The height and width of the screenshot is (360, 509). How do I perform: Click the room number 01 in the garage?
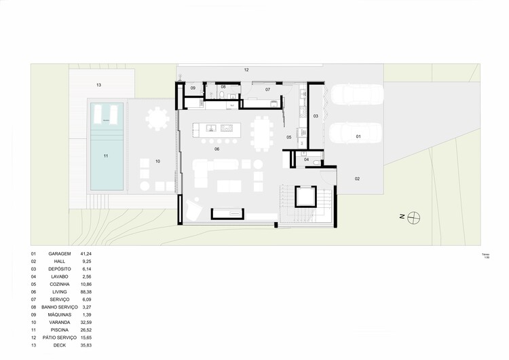(x=358, y=137)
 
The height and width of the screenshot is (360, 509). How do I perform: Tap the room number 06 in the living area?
(x=217, y=149)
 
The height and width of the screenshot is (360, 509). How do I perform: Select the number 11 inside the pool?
(x=106, y=156)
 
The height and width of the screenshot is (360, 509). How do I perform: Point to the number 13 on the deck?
(x=98, y=85)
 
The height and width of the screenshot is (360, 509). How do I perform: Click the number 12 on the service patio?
(x=246, y=70)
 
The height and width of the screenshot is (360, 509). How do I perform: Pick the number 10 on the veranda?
(x=157, y=161)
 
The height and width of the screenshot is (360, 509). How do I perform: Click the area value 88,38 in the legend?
(x=86, y=291)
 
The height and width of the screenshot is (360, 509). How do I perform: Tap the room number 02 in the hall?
(x=357, y=179)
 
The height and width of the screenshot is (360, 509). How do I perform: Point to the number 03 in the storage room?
(x=315, y=116)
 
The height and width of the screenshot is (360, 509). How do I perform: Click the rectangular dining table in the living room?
(x=261, y=132)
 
